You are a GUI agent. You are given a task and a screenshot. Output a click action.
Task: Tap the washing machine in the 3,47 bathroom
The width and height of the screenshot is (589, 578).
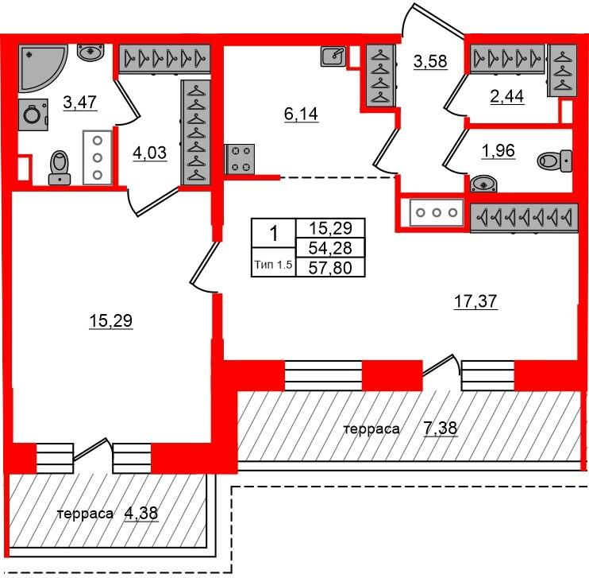click(x=33, y=114)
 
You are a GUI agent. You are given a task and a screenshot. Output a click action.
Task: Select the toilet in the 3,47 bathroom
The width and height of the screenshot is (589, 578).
click(x=60, y=168)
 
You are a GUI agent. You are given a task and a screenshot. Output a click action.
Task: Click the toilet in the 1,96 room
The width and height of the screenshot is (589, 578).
click(x=555, y=161)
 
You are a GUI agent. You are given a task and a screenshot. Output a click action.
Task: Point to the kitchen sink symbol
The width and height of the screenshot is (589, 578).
click(x=333, y=56)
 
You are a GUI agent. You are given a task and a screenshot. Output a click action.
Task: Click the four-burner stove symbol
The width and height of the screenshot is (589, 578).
click(x=240, y=159)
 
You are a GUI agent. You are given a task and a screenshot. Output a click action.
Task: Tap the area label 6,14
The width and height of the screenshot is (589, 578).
click(x=302, y=114)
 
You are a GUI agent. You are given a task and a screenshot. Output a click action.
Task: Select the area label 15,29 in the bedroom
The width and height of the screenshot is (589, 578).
click(x=111, y=321)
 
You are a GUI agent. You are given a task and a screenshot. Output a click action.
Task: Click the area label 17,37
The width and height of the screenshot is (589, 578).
click(x=475, y=301)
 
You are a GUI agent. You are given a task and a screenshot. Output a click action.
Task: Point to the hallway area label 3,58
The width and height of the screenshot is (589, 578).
click(x=430, y=61)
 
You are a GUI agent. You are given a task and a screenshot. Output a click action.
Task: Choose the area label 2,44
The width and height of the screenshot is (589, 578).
click(x=507, y=96)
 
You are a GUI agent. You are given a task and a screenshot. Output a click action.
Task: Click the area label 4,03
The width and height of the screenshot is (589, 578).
click(x=150, y=153)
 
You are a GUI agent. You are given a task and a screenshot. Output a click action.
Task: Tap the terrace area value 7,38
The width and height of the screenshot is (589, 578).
click(x=441, y=428)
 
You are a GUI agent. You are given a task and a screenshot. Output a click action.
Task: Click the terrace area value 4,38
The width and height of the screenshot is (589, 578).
click(x=141, y=514)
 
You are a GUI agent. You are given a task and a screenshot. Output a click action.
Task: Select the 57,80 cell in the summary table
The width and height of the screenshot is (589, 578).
click(x=330, y=268)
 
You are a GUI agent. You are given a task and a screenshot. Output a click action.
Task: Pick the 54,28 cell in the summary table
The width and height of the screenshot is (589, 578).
click(x=330, y=248)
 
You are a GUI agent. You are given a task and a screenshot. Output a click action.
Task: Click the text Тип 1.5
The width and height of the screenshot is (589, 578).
click(x=273, y=265)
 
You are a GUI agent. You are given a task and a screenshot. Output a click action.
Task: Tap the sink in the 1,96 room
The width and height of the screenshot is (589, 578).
click(x=483, y=184)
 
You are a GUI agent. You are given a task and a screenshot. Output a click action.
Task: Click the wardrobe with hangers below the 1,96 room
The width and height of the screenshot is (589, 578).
click(x=524, y=218)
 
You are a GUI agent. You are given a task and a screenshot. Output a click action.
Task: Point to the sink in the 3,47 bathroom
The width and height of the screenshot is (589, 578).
click(x=90, y=52)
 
